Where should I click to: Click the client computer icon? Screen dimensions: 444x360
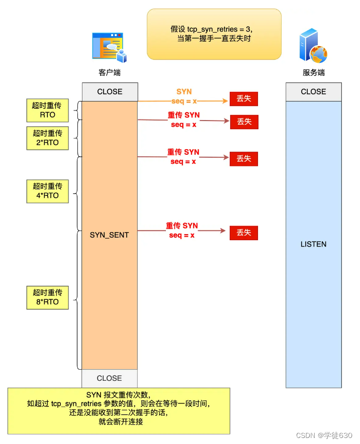click(109, 47)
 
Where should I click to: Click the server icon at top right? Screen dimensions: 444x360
click(313, 46)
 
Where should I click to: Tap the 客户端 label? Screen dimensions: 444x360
click(109, 73)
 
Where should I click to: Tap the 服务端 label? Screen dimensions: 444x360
click(313, 73)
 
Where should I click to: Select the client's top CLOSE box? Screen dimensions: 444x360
click(110, 92)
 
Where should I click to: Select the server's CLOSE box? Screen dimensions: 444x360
click(313, 92)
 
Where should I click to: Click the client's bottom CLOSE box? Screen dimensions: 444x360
click(109, 378)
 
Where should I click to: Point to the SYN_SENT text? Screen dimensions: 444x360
click(109, 235)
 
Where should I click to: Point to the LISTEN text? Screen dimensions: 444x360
click(313, 244)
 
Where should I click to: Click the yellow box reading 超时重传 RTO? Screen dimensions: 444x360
click(47, 110)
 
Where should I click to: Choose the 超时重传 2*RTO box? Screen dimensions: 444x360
click(47, 138)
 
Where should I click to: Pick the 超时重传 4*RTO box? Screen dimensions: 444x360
click(47, 191)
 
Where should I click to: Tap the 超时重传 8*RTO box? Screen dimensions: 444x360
click(47, 297)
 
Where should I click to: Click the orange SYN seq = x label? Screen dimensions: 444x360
click(184, 96)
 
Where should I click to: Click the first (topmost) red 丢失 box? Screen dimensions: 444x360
click(244, 99)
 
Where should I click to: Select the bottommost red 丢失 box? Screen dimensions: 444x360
click(244, 233)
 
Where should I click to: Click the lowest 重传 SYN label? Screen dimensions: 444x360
click(182, 231)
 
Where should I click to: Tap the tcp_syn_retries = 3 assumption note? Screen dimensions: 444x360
click(214, 34)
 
